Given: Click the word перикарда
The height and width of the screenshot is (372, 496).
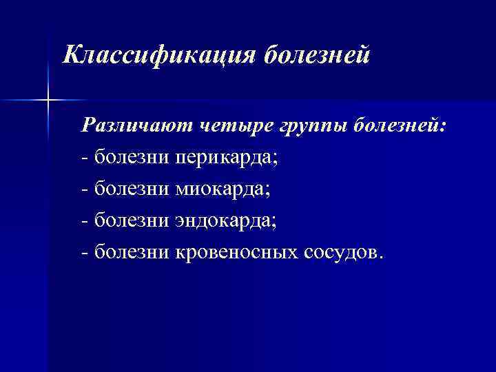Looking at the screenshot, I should click(x=225, y=158).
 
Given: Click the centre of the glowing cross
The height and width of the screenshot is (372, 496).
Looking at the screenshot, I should click(x=48, y=101).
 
